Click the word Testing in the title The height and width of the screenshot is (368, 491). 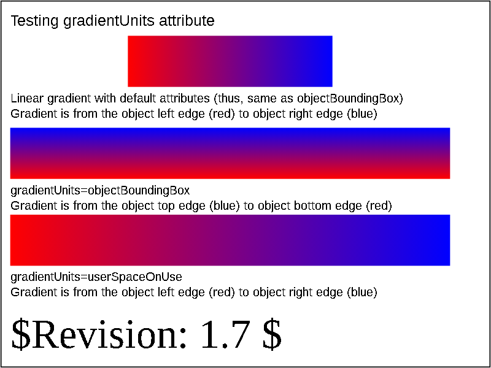[34, 21]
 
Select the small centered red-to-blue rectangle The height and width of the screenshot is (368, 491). [230, 61]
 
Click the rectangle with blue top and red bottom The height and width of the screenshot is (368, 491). [230, 153]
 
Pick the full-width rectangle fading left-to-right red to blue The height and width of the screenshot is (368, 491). [230, 240]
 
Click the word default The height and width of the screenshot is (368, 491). [139, 99]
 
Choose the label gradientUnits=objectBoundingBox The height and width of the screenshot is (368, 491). [100, 191]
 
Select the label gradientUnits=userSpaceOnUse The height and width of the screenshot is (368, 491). [96, 278]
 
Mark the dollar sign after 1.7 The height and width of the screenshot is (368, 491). [271, 335]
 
